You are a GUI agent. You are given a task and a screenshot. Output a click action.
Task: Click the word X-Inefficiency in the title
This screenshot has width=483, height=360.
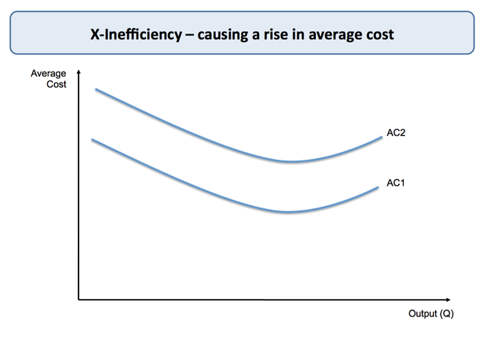click(136, 34)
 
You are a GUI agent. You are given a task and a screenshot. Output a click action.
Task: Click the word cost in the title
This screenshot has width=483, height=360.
click(379, 34)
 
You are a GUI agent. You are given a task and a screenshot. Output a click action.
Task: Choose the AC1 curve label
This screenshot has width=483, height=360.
click(395, 182)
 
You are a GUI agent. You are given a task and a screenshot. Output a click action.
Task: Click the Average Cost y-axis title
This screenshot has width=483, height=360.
click(49, 79)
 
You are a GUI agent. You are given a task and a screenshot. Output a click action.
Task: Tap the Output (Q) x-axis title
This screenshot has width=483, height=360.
click(430, 314)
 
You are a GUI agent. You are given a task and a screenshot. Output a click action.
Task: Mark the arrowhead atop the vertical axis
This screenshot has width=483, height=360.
click(78, 74)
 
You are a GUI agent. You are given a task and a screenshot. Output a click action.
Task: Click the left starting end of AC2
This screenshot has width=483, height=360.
click(96, 89)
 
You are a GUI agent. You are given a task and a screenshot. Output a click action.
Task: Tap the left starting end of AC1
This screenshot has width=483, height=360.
click(92, 140)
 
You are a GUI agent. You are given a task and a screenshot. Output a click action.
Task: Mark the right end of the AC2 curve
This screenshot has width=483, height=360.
click(382, 137)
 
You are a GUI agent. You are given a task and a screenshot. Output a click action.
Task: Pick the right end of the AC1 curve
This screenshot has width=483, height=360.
click(378, 187)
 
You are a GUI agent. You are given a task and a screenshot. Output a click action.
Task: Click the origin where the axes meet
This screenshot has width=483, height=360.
click(78, 300)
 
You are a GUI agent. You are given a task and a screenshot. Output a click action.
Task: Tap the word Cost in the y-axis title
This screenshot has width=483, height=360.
click(56, 85)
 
